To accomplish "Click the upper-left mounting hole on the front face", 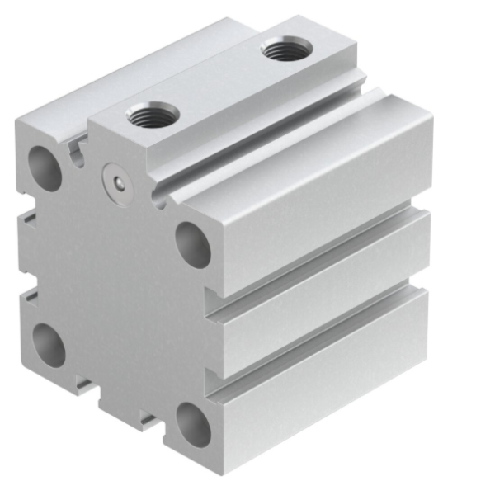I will click(46, 167).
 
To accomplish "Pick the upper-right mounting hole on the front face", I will click(193, 244).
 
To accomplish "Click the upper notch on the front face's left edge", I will click(30, 217).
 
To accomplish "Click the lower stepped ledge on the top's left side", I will click(124, 74).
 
